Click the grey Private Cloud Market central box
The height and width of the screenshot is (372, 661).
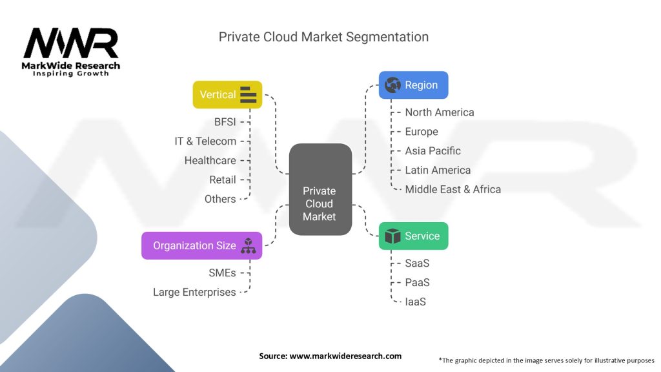coord(320,189)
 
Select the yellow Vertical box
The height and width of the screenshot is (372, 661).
coord(227,94)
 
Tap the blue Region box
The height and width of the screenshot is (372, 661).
coord(413,85)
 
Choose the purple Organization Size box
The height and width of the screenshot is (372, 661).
coord(201,245)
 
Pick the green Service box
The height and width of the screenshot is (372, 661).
coord(413,236)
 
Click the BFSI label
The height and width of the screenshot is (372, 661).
coord(225,121)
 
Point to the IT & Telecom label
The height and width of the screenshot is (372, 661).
coord(205,141)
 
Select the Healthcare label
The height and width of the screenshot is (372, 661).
coord(210,160)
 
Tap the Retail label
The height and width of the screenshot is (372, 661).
coord(222,180)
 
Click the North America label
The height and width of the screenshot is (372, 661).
coord(439,112)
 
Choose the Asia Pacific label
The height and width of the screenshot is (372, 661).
coord(432,150)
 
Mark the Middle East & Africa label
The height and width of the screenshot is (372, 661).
coord(453,189)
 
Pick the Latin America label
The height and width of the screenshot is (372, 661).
coord(438,170)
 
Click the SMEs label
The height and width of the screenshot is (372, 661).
coord(221,273)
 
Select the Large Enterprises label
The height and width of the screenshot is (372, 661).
coord(194,292)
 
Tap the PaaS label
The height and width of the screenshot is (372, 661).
coord(417,282)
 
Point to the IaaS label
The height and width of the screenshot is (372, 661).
coord(415,302)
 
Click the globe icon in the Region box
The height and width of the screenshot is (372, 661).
coord(392,85)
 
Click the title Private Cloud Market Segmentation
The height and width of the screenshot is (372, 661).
coord(323,37)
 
